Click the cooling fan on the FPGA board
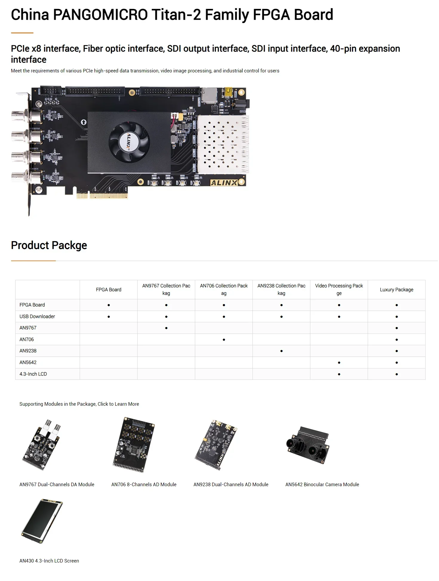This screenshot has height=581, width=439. click(x=129, y=140)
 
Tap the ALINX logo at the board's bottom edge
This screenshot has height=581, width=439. click(x=224, y=183)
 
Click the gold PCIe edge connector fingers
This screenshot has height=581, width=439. click(x=102, y=196)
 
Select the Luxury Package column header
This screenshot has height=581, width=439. click(x=396, y=289)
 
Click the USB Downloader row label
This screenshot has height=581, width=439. click(x=37, y=316)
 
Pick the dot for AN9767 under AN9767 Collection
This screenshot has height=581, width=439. click(x=166, y=328)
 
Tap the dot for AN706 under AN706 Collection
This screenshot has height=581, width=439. click(x=224, y=340)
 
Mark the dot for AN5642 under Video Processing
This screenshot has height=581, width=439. click(x=339, y=362)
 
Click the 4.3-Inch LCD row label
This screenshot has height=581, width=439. click(x=33, y=374)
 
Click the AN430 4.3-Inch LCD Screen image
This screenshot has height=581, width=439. click(x=42, y=521)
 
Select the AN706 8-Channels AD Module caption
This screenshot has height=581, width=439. click(x=144, y=484)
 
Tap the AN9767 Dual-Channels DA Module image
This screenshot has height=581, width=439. click(x=42, y=445)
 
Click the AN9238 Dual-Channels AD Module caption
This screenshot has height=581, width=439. click(x=231, y=484)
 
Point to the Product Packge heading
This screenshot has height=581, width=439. click(x=49, y=245)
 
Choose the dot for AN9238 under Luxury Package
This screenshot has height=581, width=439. click(x=397, y=351)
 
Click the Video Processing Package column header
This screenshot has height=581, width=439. click(x=339, y=289)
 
